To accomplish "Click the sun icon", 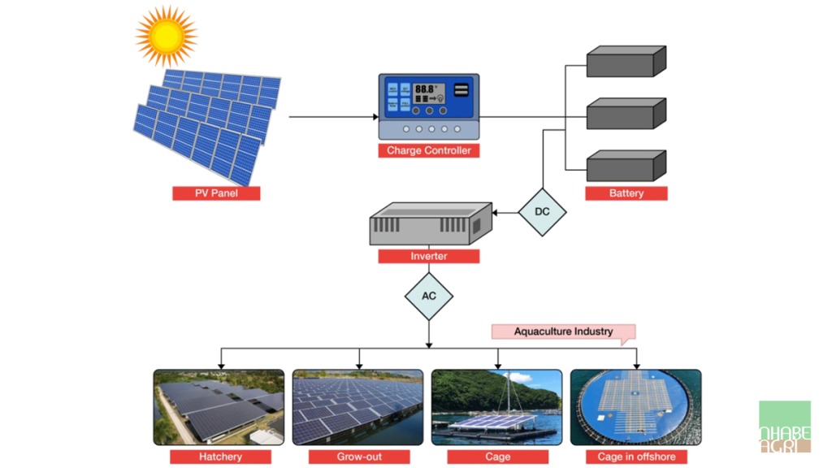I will (167, 35).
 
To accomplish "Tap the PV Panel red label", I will (216, 193).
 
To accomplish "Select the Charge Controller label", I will (428, 150).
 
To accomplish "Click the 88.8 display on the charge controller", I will (426, 90).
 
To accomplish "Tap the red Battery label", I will (626, 193).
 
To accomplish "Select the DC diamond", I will (542, 212).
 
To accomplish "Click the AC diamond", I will (429, 296).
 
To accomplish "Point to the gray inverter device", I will (430, 224).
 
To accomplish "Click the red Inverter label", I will (429, 256).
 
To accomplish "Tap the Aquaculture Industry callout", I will (563, 331).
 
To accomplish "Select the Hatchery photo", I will (219, 407).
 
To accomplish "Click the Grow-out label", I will (358, 457).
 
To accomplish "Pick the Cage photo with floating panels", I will (496, 407).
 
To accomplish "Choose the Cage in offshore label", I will (636, 457).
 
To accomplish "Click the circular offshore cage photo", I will (635, 407).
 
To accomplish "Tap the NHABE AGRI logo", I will (785, 427).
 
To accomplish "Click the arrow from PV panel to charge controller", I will (333, 117).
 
